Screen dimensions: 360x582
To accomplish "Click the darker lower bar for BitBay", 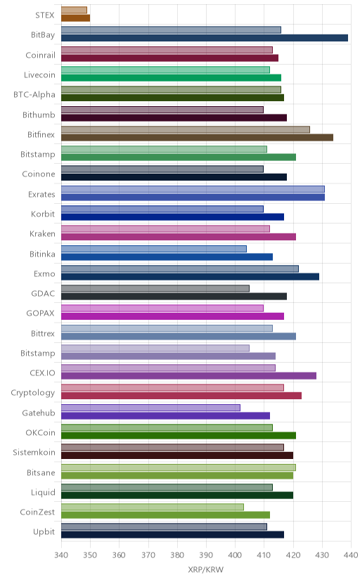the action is coord(205,38).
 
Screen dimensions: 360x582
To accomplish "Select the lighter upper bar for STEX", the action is coord(75,10).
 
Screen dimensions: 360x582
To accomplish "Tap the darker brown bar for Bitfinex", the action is coord(197,137).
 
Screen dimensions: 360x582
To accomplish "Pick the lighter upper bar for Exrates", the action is coord(193,189).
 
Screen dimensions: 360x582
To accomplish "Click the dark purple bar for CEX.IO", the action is coord(189,375).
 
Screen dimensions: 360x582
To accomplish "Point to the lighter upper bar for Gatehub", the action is coord(150,408).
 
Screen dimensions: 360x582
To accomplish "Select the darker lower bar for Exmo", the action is coord(190,276).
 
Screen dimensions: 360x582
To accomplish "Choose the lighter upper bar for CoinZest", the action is coord(153,507).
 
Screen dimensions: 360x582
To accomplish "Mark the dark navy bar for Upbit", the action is coord(172,534).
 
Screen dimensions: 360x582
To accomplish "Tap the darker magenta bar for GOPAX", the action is coord(172,316).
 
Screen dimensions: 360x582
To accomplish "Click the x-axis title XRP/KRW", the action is coord(205,570).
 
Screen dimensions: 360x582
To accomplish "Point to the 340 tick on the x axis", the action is coord(61,555).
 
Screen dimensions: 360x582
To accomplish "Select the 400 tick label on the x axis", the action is coord(235,555).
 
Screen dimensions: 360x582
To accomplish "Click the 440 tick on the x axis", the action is coord(351,555).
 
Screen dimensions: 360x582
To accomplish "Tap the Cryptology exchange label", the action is coord(32,393).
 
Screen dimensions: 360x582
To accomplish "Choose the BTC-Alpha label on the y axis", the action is coord(34,95).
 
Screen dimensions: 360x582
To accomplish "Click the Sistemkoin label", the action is coord(34,452).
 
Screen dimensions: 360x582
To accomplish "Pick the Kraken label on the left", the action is coord(42,234).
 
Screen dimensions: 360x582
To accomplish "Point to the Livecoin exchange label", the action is coord(39,75).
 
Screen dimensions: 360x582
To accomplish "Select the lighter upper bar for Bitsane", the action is coord(179,467).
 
